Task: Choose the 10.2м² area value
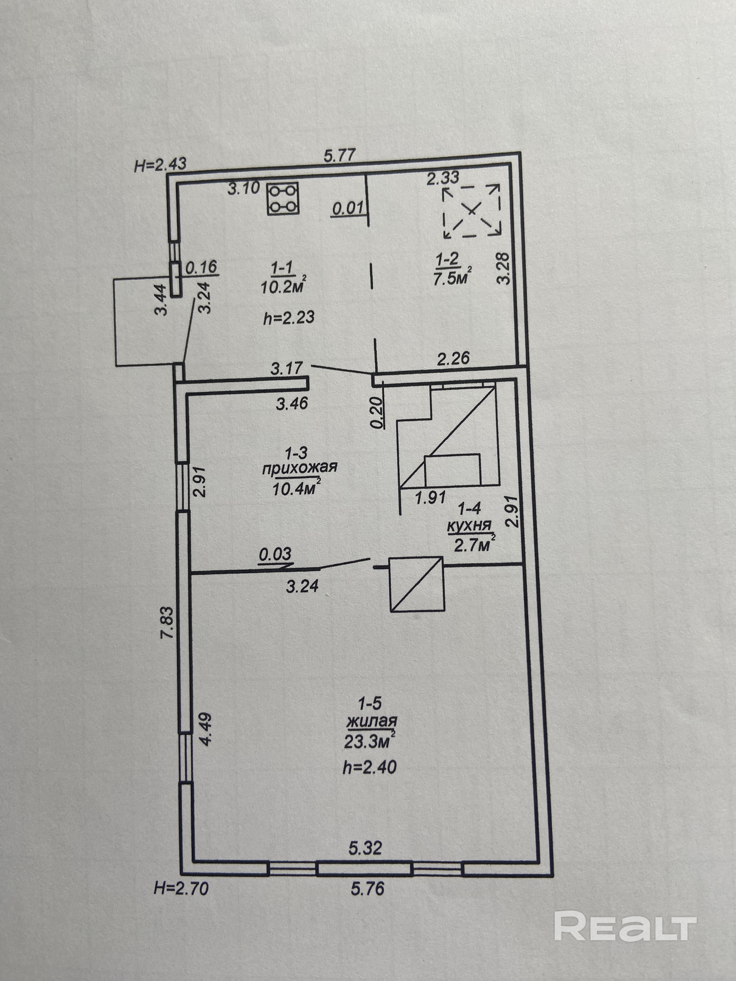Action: coord(283,287)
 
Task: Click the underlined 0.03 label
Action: coord(275,554)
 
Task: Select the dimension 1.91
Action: coord(430,497)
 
